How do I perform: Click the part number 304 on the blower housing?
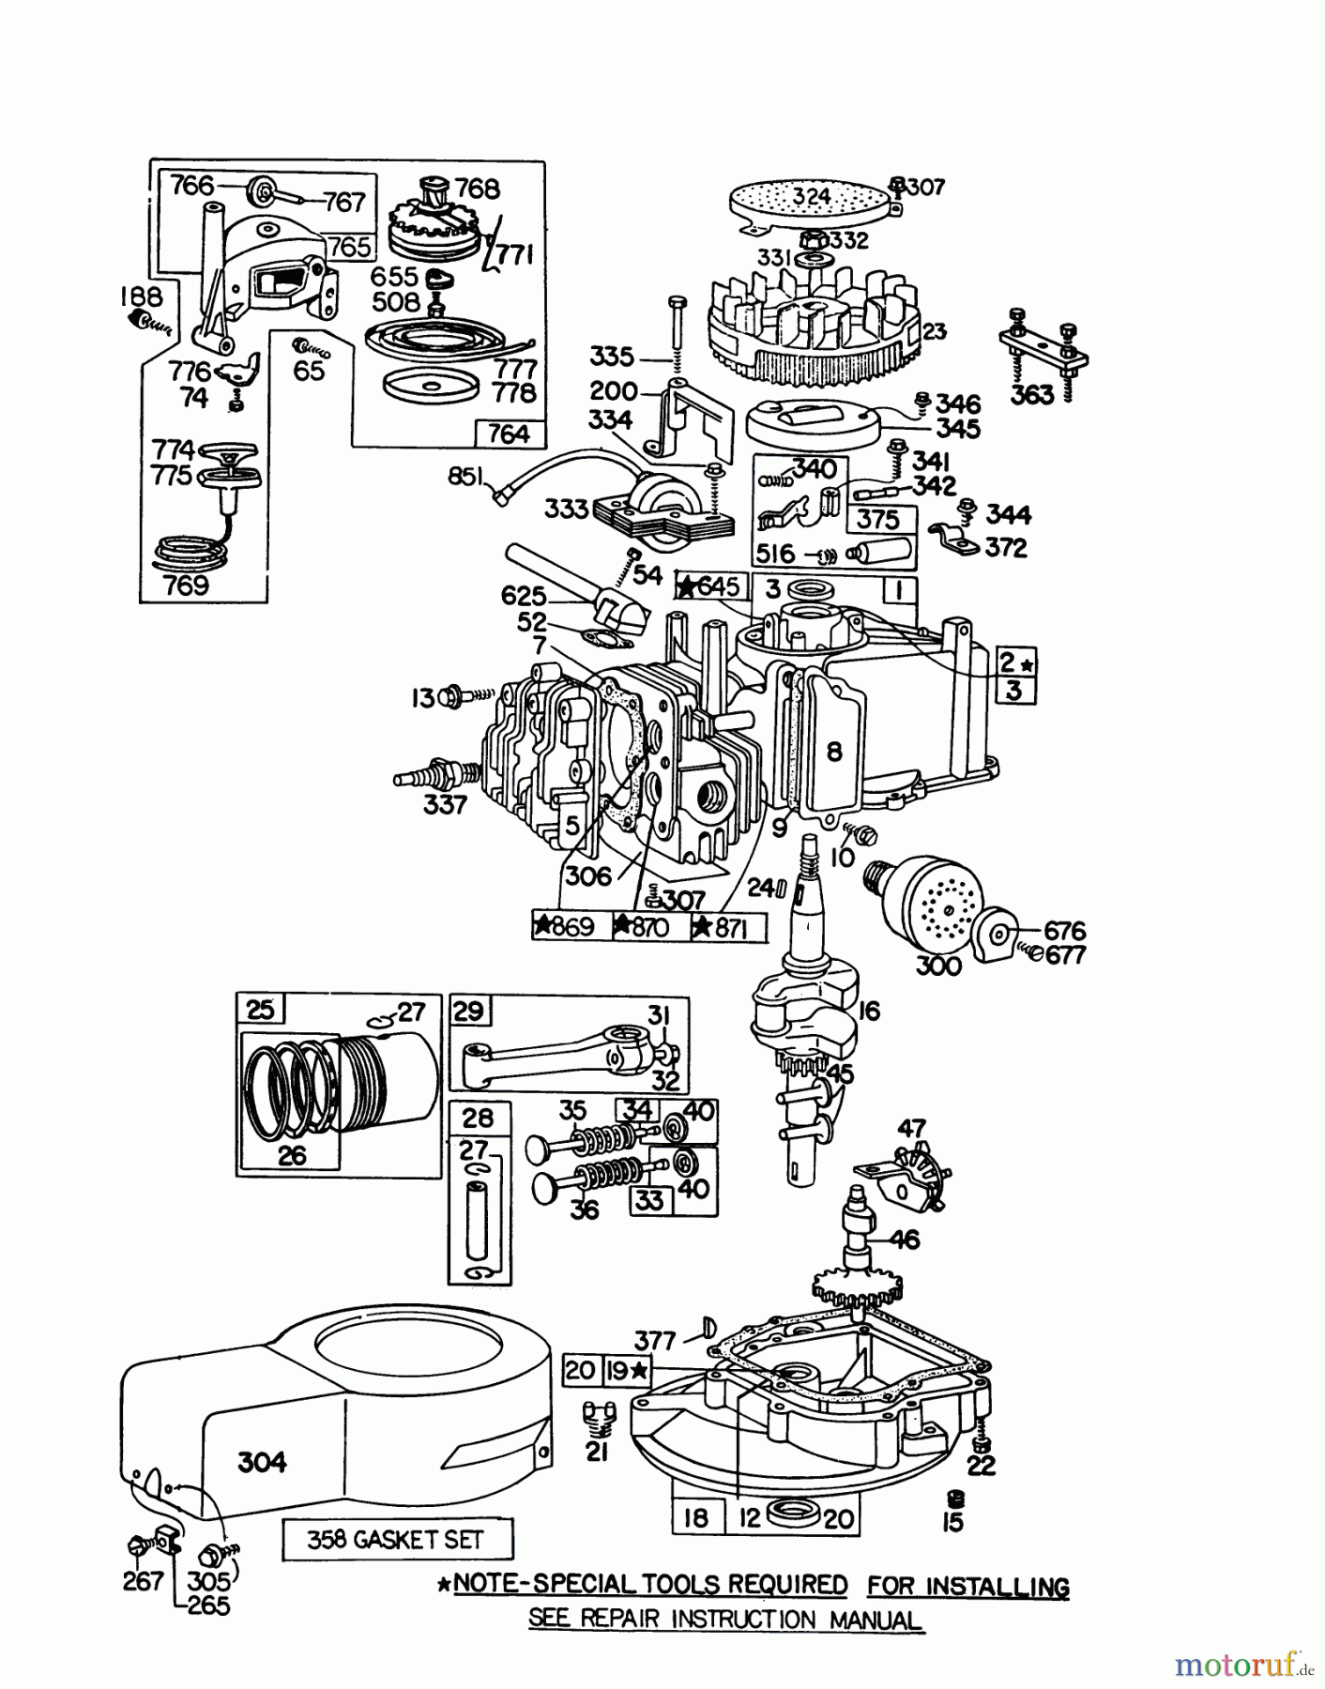point(262,1462)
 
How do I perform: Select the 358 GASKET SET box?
point(398,1540)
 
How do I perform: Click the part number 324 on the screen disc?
point(811,196)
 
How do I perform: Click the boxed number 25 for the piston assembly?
point(260,1010)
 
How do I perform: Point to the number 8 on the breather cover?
point(834,751)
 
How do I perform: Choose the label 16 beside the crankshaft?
point(869,1012)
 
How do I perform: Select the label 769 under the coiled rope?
point(186,586)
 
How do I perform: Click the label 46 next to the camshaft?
point(905,1240)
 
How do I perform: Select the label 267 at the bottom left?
point(143,1581)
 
